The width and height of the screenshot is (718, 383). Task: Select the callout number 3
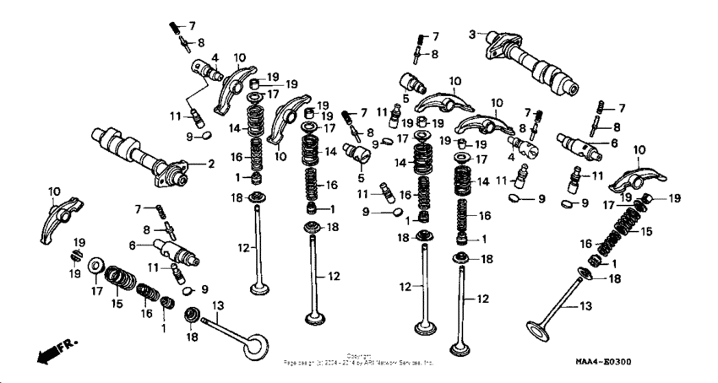coord(472,34)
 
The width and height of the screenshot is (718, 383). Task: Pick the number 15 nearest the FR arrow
coord(117,302)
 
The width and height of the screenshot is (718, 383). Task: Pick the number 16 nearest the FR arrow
coord(145,312)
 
